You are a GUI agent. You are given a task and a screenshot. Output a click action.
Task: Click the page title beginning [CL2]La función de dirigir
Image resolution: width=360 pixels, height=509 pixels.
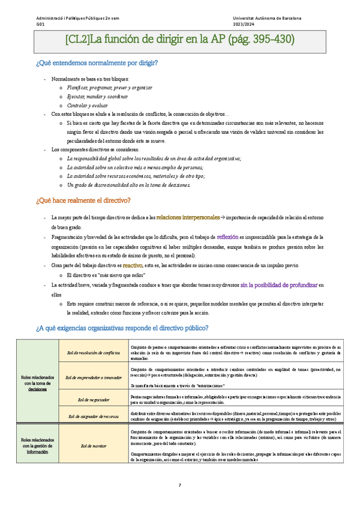179,41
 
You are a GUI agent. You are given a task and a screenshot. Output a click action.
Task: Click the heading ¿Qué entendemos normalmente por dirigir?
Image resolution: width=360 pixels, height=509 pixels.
97,63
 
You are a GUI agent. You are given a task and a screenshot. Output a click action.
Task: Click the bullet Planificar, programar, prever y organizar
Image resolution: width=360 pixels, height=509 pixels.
101,88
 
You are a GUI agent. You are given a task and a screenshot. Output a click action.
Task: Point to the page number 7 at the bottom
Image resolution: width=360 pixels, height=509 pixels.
179,486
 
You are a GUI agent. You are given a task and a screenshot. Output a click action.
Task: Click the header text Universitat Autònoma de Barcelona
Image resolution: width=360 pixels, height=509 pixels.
271,19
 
